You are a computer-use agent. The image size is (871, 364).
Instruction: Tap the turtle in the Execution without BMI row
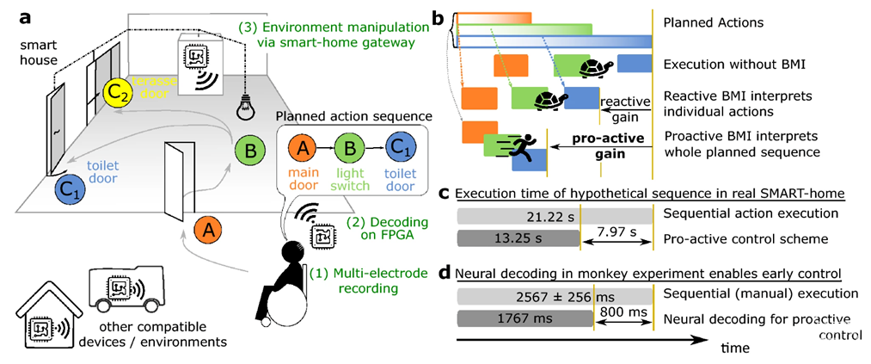(x=594, y=68)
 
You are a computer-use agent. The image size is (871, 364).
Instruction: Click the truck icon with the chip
(x=123, y=288)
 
